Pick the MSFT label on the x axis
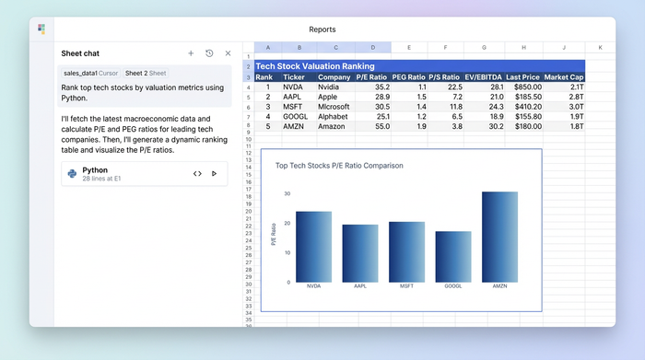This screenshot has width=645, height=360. [x=406, y=286]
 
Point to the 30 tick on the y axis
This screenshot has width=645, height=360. [x=287, y=193]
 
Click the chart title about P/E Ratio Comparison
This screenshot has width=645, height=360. [x=338, y=166]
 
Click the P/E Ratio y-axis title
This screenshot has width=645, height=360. [x=274, y=234]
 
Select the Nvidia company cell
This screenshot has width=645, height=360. [x=334, y=87]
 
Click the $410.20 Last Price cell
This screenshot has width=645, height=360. [x=524, y=107]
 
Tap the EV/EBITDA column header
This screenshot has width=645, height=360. [x=485, y=77]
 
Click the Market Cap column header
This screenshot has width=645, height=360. [x=564, y=77]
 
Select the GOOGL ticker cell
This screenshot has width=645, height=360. [x=294, y=116]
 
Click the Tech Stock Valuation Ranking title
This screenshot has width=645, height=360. [x=314, y=66]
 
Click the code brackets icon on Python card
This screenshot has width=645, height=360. [x=197, y=173]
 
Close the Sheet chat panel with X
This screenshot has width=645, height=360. [x=228, y=53]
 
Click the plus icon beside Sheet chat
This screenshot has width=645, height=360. [x=191, y=53]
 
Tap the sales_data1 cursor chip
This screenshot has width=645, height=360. [x=89, y=73]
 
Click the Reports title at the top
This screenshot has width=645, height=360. [x=322, y=29]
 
